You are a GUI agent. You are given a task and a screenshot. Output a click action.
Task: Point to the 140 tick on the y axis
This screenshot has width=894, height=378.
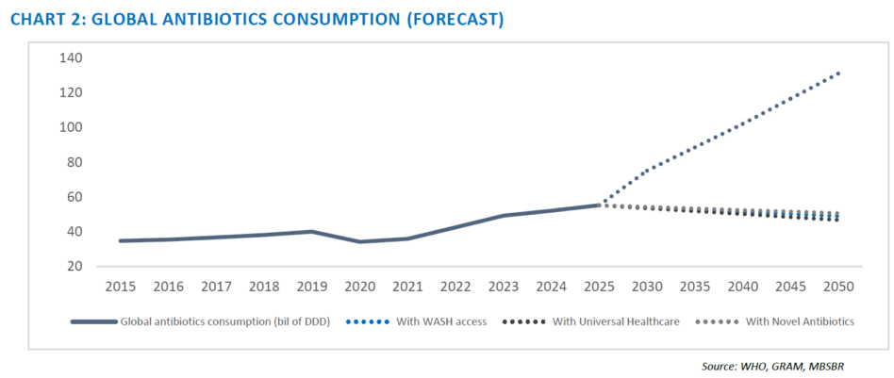[x=71, y=58]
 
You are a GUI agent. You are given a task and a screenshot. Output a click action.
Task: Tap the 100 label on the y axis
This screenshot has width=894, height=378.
[x=71, y=127]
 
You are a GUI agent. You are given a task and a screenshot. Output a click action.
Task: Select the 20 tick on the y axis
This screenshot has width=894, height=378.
[x=74, y=267]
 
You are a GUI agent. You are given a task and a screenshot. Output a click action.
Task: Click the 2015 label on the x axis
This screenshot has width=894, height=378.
[x=121, y=287]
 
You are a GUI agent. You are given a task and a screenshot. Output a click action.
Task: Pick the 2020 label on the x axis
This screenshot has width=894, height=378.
[x=359, y=287]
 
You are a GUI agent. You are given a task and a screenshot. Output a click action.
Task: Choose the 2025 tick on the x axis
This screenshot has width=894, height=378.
[x=599, y=287]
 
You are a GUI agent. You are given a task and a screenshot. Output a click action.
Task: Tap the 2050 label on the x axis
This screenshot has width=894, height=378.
[x=838, y=287]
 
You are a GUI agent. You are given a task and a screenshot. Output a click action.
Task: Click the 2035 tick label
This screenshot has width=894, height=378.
[x=695, y=287]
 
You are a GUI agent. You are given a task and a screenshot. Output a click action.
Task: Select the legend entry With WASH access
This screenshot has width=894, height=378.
[x=417, y=321]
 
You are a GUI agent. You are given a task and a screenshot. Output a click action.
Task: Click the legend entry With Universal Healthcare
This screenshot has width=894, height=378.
[x=591, y=321]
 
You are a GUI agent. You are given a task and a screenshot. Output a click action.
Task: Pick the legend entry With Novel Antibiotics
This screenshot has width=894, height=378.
[x=775, y=321]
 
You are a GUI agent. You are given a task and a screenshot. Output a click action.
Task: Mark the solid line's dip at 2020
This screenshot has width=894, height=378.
[x=359, y=241]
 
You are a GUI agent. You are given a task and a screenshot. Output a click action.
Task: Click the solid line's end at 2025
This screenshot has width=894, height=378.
[x=599, y=205]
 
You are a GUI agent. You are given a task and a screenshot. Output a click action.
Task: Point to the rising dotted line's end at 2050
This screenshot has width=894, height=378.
[x=838, y=73]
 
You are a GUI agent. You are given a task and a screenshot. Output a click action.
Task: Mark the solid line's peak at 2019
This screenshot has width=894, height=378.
[x=312, y=232]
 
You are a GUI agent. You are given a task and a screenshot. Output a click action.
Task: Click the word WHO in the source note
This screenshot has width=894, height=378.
[x=752, y=367]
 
